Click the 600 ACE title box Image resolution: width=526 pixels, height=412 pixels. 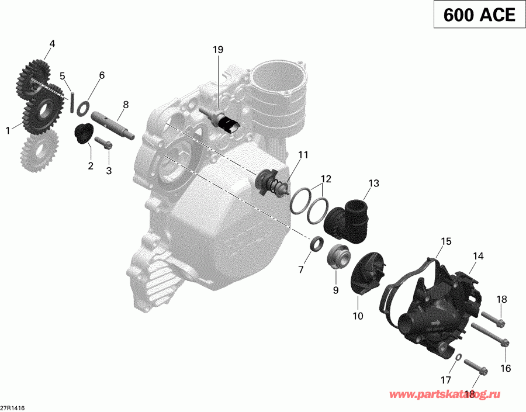pyautogui.click(x=479, y=15)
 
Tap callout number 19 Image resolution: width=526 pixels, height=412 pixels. pyautogui.click(x=217, y=50)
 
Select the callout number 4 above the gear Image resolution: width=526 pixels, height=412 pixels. pyautogui.click(x=52, y=43)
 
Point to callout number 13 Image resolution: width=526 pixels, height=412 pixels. pyautogui.click(x=373, y=184)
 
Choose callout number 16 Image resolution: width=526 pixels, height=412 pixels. pyautogui.click(x=506, y=368)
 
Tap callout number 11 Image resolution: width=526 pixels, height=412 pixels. pyautogui.click(x=302, y=155)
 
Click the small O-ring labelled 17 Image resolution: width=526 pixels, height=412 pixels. pyautogui.click(x=459, y=356)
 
